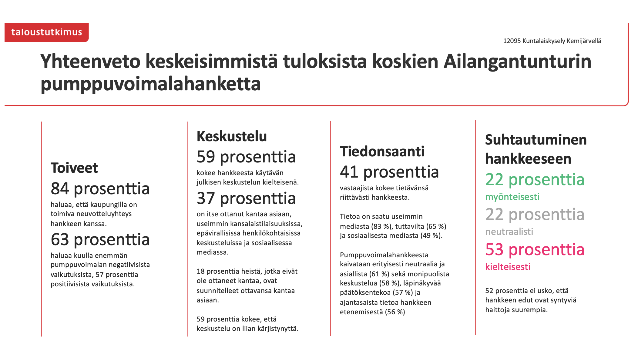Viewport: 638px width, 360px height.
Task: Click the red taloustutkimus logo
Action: click(46, 32)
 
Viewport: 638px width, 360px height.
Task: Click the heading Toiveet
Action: click(74, 168)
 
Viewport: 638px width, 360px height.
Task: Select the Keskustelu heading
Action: click(232, 136)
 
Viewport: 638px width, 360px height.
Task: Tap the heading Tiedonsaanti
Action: click(382, 152)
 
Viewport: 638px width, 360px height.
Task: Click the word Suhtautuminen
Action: click(536, 140)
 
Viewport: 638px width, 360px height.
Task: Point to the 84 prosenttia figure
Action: click(100, 188)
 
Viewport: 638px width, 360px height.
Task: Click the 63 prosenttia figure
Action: click(100, 239)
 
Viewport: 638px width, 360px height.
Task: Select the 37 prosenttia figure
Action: click(246, 198)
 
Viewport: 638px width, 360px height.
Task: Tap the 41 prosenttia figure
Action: click(389, 172)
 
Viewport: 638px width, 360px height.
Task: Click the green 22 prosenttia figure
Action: click(535, 179)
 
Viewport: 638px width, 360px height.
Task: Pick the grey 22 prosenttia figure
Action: click(535, 214)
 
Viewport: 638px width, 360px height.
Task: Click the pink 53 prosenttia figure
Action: click(535, 249)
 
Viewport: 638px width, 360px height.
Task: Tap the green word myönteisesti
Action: click(512, 197)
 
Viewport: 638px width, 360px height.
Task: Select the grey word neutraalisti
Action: click(509, 232)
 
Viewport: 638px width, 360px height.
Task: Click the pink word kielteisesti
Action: click(508, 267)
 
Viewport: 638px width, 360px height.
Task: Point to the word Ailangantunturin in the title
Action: click(517, 62)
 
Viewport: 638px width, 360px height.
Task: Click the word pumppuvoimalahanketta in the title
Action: click(151, 84)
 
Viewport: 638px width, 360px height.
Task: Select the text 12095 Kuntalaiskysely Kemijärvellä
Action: click(552, 41)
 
